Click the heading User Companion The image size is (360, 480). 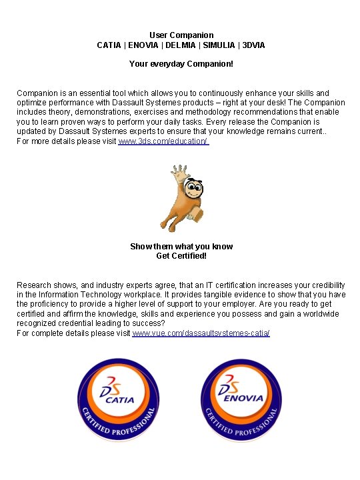181,35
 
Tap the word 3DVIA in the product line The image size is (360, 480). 254,45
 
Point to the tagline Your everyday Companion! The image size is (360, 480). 181,65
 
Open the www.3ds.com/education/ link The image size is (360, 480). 163,142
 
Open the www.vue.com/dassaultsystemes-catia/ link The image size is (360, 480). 201,332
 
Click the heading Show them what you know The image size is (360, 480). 181,247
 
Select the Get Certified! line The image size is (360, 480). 181,255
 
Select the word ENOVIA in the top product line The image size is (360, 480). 144,45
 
